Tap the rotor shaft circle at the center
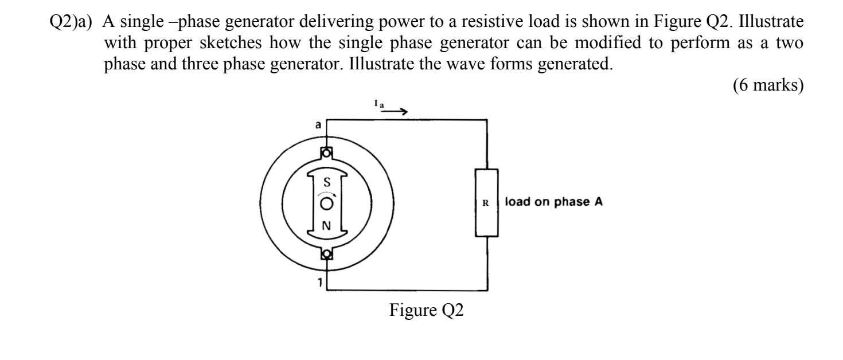pyautogui.click(x=326, y=204)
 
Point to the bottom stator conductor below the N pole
pyautogui.click(x=326, y=253)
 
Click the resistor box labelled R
pyautogui.click(x=486, y=203)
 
